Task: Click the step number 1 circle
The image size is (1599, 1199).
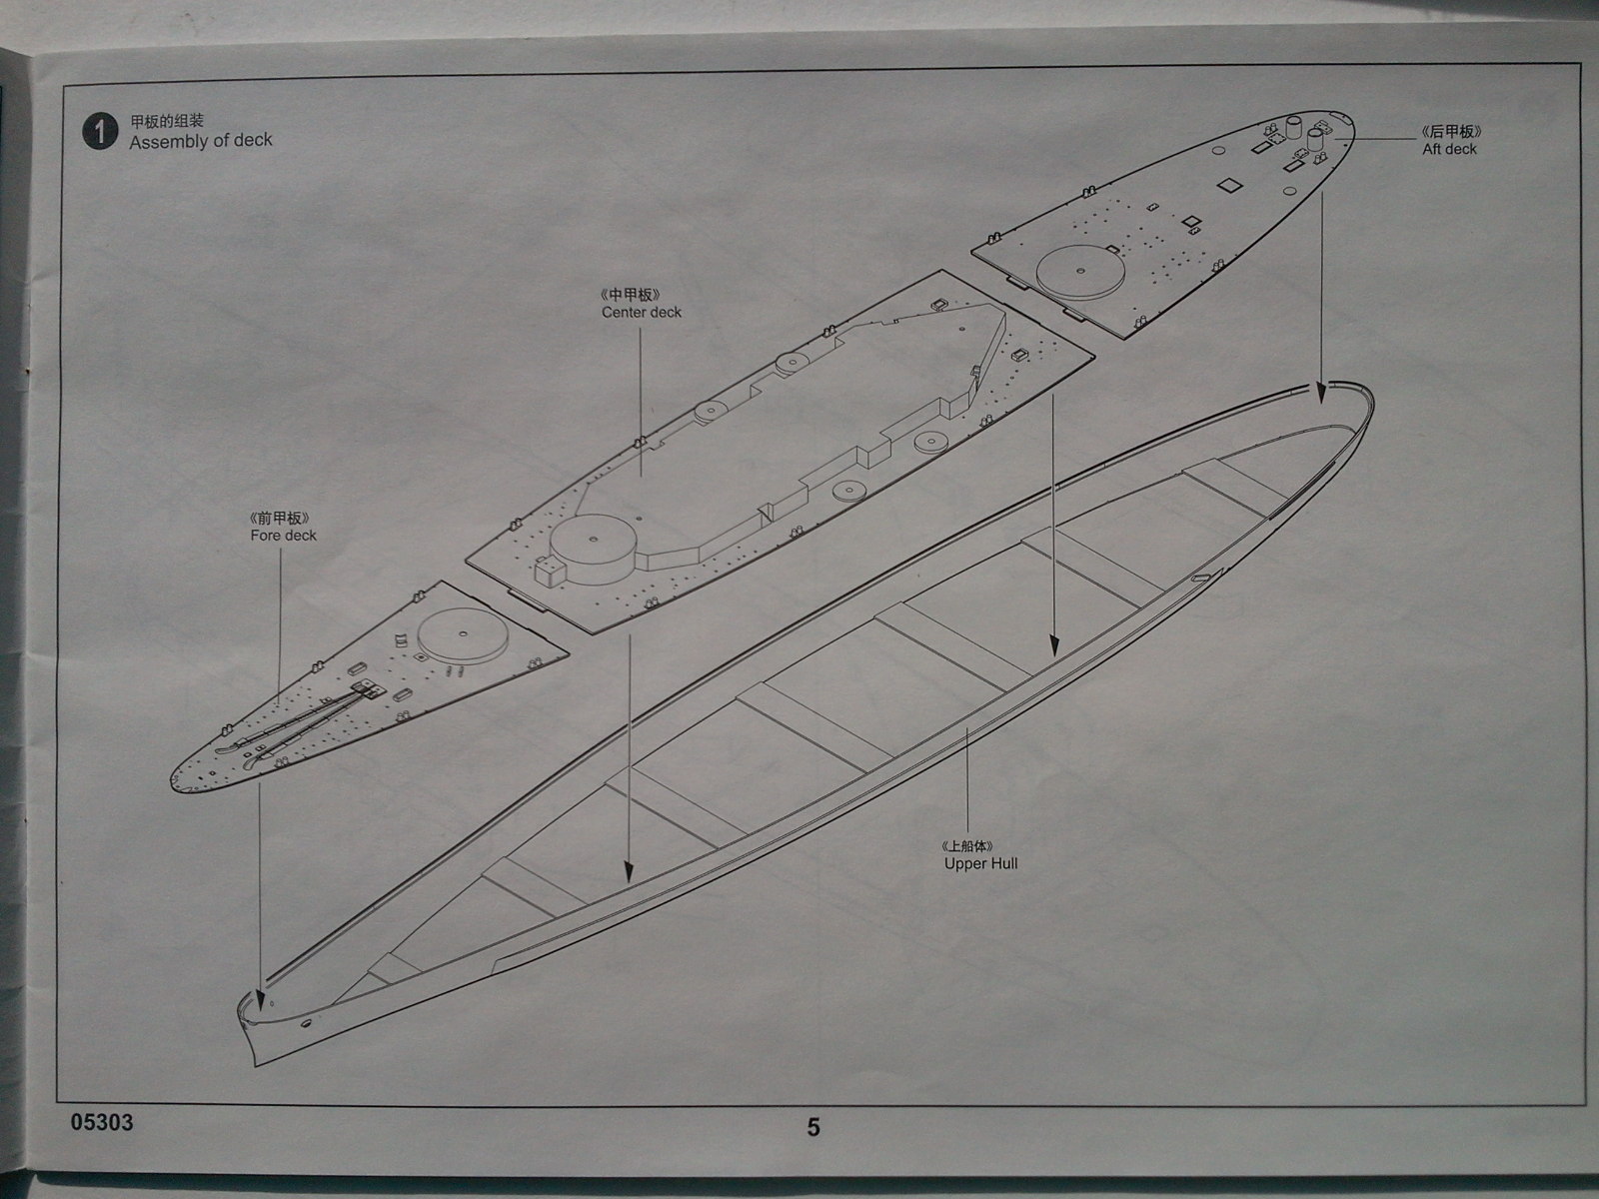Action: click(x=100, y=132)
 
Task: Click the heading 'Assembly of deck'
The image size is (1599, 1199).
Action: click(x=200, y=141)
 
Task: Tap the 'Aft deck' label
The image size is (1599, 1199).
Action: click(x=1449, y=149)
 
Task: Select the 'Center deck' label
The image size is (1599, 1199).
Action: click(x=642, y=312)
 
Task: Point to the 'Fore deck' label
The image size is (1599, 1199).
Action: click(x=283, y=536)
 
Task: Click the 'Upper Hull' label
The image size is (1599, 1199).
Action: click(x=980, y=863)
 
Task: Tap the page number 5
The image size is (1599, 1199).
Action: click(x=813, y=1127)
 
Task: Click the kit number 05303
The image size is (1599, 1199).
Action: click(x=102, y=1122)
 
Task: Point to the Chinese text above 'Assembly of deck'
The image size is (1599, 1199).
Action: click(x=167, y=122)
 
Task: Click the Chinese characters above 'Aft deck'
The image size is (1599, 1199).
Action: click(x=1450, y=132)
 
